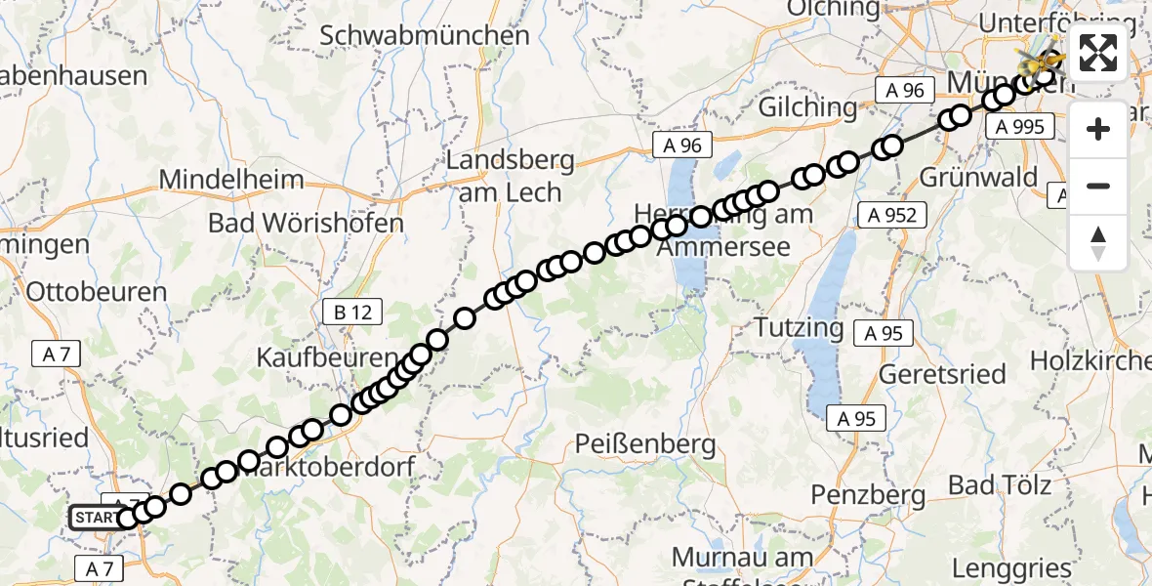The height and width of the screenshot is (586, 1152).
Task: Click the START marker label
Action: [x=95, y=518]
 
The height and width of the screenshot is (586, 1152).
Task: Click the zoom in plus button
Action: [x=1098, y=130]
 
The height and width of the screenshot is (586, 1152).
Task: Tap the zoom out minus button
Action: [x=1098, y=186]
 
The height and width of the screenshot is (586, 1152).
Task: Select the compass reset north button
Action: [x=1098, y=242]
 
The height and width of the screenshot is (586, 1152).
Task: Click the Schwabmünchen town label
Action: [x=425, y=36]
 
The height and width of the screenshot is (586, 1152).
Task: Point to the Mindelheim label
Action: [x=231, y=180]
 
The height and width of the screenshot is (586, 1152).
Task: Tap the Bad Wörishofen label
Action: [x=306, y=223]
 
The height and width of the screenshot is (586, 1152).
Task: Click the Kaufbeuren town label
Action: [x=326, y=357]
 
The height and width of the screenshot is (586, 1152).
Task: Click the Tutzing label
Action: [x=799, y=326]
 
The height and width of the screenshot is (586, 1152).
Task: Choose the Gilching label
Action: [x=805, y=106]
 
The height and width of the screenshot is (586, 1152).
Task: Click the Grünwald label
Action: [x=977, y=178]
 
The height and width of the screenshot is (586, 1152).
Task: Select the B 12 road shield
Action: [x=352, y=313]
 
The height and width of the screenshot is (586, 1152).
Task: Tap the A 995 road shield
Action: [x=1021, y=126]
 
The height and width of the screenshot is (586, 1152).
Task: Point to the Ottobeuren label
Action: [x=97, y=291]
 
